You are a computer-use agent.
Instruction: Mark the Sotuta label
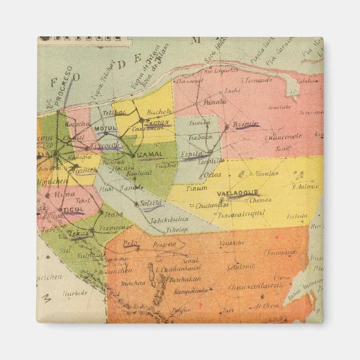click(x=151, y=203)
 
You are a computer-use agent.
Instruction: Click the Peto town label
click(x=130, y=243)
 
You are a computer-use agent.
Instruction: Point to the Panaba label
click(x=215, y=102)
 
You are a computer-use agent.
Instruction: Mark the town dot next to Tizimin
click(x=227, y=127)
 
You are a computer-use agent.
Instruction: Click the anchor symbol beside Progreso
click(x=49, y=102)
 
